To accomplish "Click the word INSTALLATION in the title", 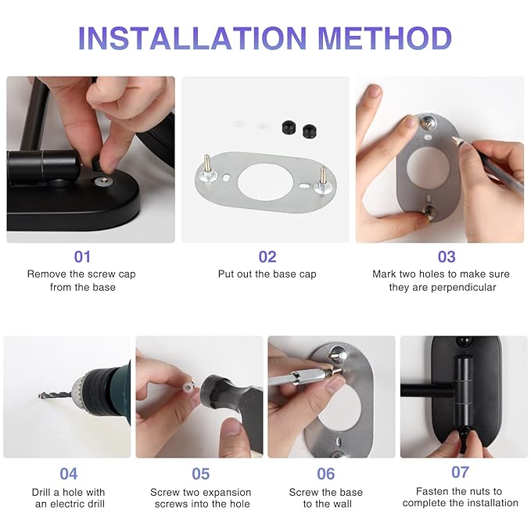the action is tap(192, 38).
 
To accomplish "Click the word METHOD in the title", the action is tap(385, 38).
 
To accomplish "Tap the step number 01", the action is tap(82, 257).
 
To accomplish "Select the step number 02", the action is tap(267, 257).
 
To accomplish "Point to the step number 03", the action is tap(447, 257).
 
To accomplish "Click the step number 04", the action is tap(68, 473).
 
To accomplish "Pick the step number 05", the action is tap(200, 473).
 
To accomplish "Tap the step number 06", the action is tap(326, 473).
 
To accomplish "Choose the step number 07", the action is tap(460, 472).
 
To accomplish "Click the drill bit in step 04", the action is tap(55, 395).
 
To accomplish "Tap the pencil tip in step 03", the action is tap(454, 138).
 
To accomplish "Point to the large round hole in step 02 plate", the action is tap(265, 183).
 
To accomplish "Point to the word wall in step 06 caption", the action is tap(342, 504).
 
